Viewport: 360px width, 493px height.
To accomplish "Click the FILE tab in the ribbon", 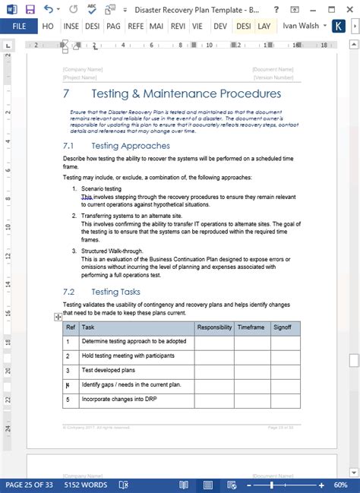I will point(19,26).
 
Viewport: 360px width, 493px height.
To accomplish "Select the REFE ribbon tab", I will point(135,26).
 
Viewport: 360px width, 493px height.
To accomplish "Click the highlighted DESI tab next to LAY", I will point(244,26).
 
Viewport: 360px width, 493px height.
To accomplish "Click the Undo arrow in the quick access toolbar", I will point(48,8).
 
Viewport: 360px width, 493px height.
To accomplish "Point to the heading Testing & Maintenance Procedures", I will point(185,94).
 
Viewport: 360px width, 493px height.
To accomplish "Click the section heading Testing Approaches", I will point(130,145).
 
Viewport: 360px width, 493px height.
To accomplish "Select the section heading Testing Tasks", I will point(115,292).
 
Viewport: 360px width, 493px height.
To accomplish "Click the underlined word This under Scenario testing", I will point(87,196).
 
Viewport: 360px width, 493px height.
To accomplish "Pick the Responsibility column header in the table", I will point(214,327).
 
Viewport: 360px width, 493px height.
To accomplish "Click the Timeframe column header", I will point(251,327).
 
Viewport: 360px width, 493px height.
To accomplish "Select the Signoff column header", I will point(282,327).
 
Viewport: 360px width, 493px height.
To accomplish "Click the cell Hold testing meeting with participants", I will point(128,356).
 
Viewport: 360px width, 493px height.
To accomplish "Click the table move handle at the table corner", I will point(58,317).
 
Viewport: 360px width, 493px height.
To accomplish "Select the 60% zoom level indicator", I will point(341,485).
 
